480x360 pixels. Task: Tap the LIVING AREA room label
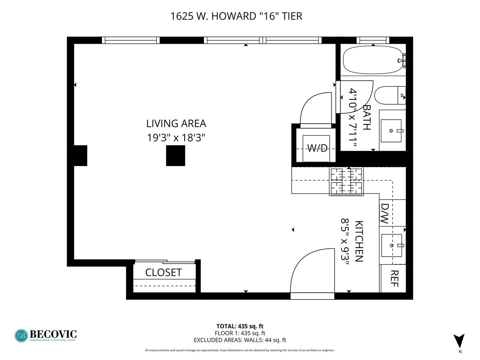coord(176,124)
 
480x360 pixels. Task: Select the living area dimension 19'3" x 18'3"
coord(176,137)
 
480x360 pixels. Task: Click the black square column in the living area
coord(175,156)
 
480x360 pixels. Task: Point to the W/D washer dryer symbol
coord(316,148)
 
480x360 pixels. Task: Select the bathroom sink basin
coord(391,131)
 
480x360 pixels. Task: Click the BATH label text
coord(366,117)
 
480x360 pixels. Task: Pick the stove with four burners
coord(346,181)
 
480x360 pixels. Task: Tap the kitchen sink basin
coord(391,245)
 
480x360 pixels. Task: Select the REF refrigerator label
coord(394,278)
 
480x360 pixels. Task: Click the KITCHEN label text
coord(359,241)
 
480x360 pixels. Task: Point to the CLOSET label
coord(163,273)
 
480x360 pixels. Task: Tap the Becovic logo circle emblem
coord(21,336)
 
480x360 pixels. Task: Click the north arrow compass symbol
coord(459,341)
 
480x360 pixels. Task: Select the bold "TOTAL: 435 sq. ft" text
coord(240,326)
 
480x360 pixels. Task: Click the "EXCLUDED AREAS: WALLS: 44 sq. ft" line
coord(240,340)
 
